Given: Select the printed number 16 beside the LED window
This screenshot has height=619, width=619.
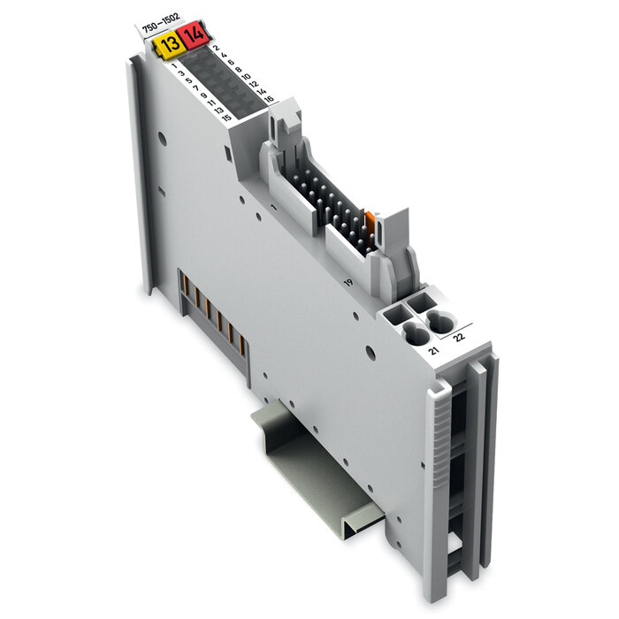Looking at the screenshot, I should coord(269,100).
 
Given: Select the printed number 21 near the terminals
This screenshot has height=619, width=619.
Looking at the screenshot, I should coord(432,351).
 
